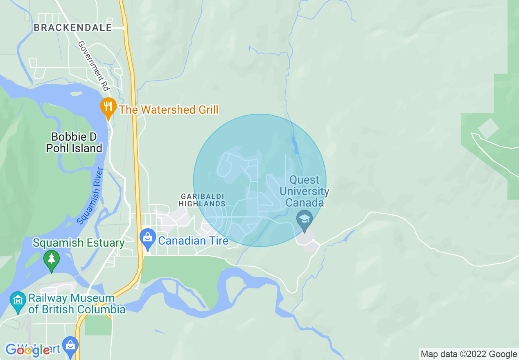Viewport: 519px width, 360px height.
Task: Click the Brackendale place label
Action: coord(73,27)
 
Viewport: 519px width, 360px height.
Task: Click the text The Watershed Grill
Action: coord(169,110)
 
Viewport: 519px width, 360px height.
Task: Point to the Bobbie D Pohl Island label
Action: coord(74,142)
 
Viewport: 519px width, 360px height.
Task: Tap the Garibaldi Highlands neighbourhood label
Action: coord(202,200)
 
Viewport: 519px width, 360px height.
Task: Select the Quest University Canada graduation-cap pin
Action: coord(305,220)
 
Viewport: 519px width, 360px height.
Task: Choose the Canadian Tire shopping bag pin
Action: coord(147,239)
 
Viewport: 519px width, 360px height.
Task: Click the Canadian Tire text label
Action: coord(193,241)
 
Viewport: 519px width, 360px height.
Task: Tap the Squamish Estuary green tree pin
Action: coord(51,260)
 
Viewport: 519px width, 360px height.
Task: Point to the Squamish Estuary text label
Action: coord(79,243)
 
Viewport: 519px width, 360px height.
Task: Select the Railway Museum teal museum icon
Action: coord(18,301)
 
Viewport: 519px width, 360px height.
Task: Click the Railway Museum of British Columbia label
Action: coord(77,304)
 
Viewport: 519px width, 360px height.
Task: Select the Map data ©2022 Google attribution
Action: coord(469,354)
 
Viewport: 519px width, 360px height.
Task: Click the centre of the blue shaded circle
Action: coord(259,180)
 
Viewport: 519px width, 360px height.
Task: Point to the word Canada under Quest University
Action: coord(305,202)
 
